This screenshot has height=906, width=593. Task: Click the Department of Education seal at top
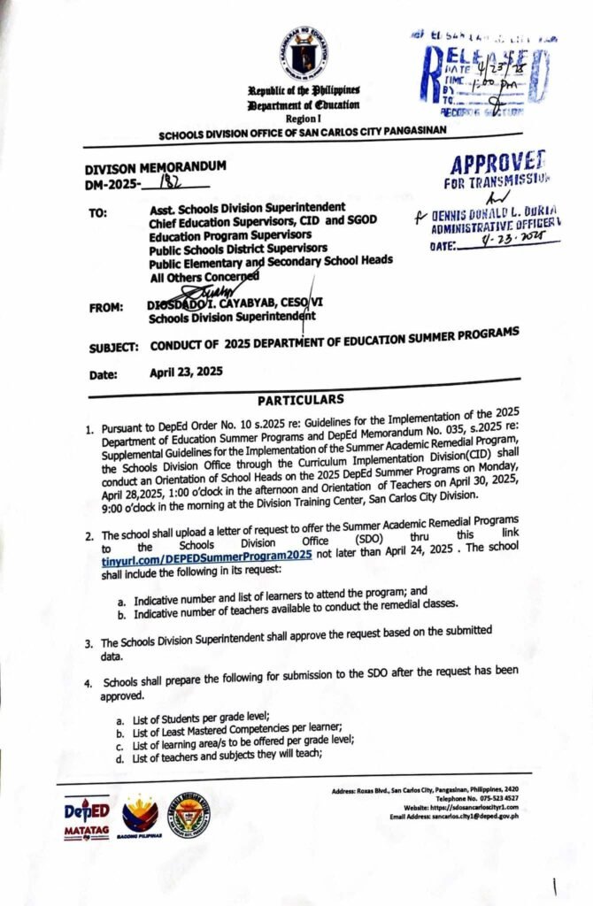(x=303, y=57)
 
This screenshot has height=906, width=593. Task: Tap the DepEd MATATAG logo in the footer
(x=87, y=816)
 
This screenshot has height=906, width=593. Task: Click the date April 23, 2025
(x=186, y=372)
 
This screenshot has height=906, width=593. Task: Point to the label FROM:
(x=106, y=308)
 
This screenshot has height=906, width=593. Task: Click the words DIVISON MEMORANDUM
(x=155, y=166)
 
